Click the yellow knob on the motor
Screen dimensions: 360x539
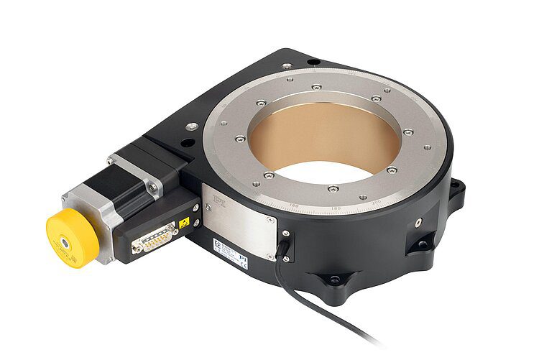70,238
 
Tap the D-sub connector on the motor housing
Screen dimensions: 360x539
154,237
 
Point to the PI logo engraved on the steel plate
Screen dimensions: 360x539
221,205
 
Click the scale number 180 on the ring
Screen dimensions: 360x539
336,208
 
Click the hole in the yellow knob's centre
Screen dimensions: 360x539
65,243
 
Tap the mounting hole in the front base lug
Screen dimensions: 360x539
334,279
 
